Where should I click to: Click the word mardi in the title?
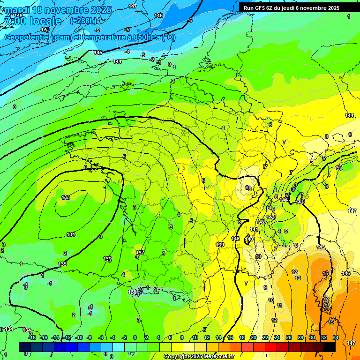tap(17, 10)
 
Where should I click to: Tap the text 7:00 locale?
tap(32, 21)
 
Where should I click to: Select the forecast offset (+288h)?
tap(83, 21)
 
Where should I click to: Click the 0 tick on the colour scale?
tap(135, 337)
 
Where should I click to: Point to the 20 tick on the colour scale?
tap(253, 337)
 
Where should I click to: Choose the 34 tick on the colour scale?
tap(336, 337)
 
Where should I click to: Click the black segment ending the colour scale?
tap(329, 347)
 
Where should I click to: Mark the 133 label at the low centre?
tap(66, 197)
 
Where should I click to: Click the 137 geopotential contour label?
tap(140, 253)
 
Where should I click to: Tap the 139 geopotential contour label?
tap(219, 245)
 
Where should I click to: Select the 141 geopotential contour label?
tap(254, 229)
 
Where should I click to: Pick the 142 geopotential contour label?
tap(261, 222)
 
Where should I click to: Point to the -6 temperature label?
tap(190, 21)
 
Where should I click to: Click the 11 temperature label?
tap(279, 305)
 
